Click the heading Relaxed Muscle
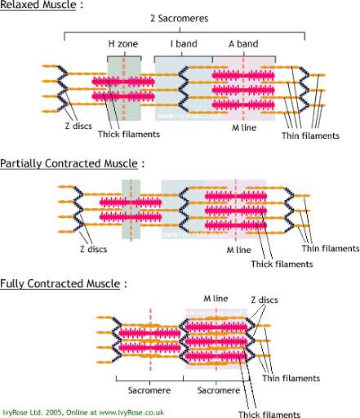tap(38, 5)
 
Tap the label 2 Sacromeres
tap(180, 19)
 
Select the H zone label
tap(123, 44)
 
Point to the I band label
tap(184, 44)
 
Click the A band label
tap(243, 44)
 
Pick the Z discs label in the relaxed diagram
tap(78, 126)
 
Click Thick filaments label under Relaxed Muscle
tap(129, 134)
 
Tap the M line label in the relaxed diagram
tap(244, 127)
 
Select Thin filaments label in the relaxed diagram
tap(310, 136)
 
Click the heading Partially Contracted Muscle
tap(69, 163)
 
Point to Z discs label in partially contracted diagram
tap(93, 249)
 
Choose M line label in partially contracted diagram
tap(238, 250)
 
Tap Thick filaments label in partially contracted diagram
tap(282, 264)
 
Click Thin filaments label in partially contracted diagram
tap(331, 248)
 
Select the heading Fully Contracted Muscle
tap(60, 283)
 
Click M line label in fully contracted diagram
tap(216, 299)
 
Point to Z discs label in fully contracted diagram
tap(264, 300)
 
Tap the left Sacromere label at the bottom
tap(149, 390)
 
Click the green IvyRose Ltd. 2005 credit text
tap(83, 412)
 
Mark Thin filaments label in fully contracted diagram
tap(291, 378)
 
